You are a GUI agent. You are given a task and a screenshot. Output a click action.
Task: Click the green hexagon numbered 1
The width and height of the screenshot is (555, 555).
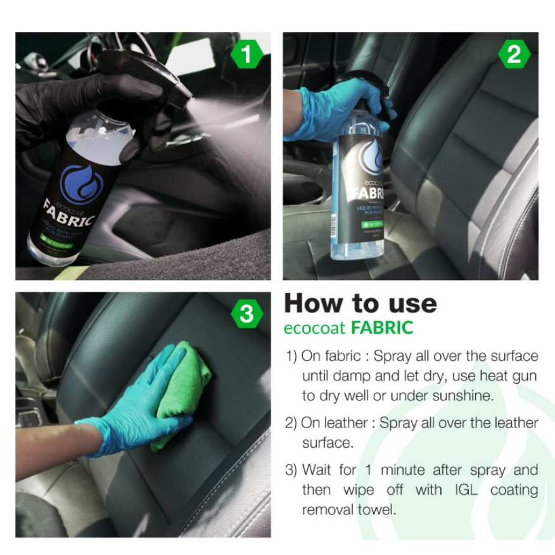click(x=246, y=55)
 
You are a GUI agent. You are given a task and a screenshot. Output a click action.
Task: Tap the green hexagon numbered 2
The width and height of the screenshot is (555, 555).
click(x=513, y=55)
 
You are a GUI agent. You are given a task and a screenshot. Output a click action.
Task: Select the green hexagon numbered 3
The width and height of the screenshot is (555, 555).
click(x=246, y=314)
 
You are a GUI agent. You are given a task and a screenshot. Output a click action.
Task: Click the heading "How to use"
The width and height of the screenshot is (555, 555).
click(x=360, y=303)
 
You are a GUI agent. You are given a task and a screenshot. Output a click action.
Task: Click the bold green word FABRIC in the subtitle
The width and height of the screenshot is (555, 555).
click(x=383, y=328)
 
